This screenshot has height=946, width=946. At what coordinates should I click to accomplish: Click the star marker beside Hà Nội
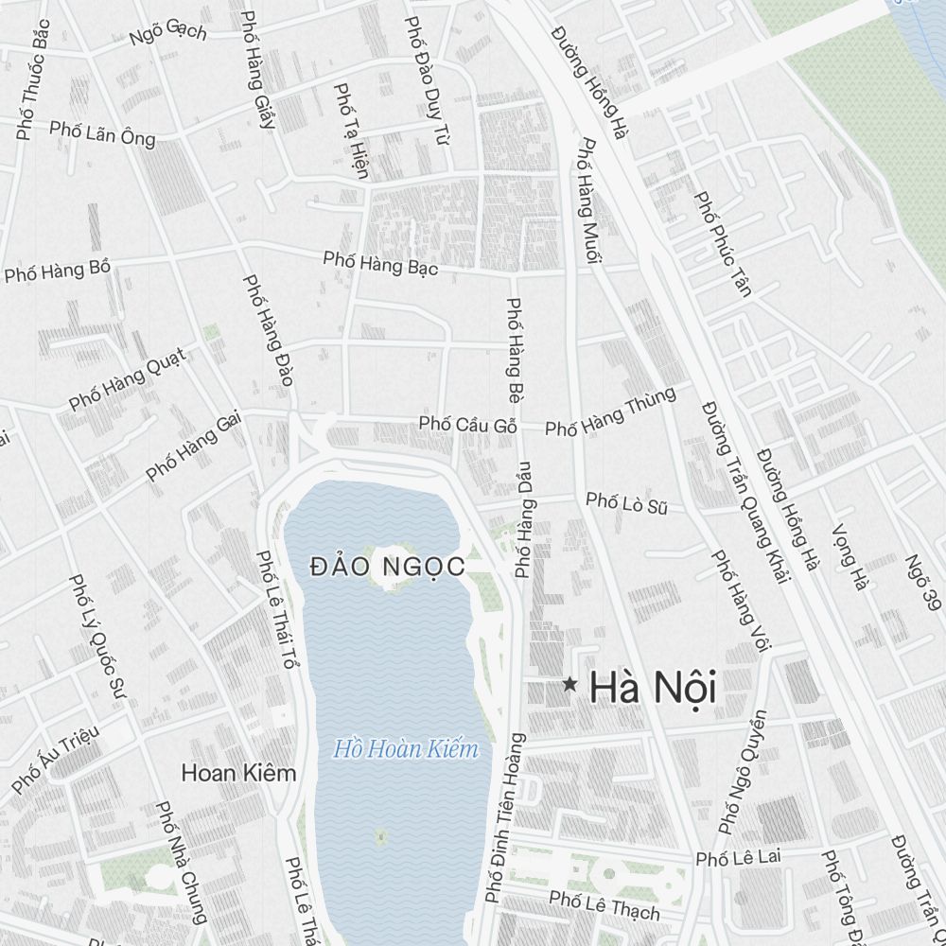(569, 685)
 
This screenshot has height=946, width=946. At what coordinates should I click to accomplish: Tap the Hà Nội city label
(653, 688)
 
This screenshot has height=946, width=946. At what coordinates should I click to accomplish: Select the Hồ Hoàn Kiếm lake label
(406, 750)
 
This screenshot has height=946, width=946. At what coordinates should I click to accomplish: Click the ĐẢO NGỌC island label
(388, 567)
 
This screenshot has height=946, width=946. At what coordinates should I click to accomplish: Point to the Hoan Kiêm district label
(238, 773)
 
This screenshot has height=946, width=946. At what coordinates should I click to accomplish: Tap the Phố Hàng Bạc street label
(380, 263)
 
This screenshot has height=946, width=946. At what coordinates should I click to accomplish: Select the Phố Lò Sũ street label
(626, 502)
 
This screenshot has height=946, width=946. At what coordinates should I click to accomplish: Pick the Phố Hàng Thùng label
(610, 412)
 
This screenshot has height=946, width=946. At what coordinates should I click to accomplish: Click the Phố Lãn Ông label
(102, 133)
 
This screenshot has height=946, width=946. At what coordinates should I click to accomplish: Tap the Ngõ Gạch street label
(167, 33)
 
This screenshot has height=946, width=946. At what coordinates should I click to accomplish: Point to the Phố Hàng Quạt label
(127, 379)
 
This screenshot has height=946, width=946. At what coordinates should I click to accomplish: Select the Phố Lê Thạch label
(604, 904)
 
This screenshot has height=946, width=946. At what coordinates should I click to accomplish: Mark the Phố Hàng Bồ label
(58, 272)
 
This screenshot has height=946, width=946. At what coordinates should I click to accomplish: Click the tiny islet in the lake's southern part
(380, 837)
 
